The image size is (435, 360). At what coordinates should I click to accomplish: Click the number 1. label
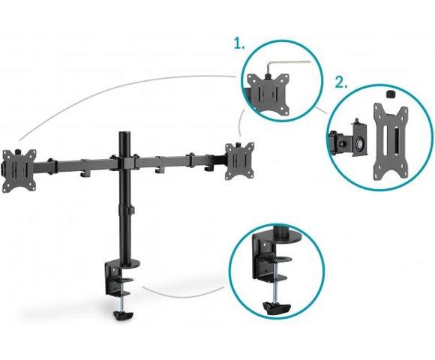coord(240,43)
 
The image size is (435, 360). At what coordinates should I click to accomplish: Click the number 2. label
coord(341,82)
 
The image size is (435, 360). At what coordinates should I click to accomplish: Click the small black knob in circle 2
coord(390,94)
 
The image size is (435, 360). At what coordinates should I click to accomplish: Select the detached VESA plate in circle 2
coord(390,141)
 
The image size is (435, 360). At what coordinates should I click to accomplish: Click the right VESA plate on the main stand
coord(239,160)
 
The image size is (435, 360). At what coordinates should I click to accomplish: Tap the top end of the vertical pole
coord(124,133)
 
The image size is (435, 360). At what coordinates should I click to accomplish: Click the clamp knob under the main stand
coord(123,314)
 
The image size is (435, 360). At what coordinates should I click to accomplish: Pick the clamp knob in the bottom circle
coord(276,307)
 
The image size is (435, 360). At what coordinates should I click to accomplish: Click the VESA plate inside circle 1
coord(268,94)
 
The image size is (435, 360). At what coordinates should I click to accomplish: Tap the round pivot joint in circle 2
coord(360,144)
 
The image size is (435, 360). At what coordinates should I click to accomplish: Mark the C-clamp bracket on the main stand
coord(116,280)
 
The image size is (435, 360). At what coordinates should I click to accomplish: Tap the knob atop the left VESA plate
coord(18,151)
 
